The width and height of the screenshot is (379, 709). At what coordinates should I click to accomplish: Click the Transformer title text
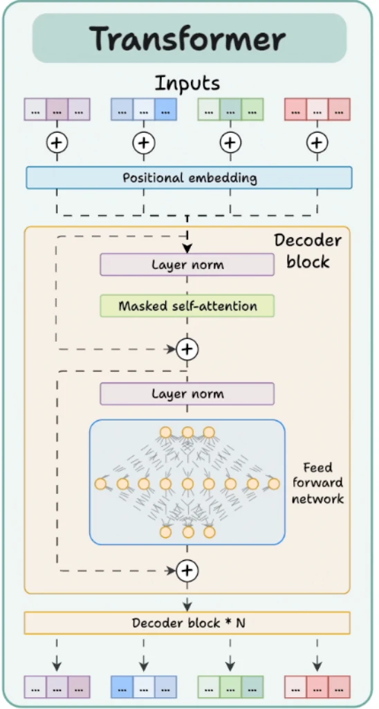pos(187,39)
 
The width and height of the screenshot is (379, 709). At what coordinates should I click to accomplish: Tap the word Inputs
pos(187,84)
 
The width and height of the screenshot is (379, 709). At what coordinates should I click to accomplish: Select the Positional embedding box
pos(189,177)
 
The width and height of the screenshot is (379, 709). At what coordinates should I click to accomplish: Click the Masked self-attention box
pos(187,306)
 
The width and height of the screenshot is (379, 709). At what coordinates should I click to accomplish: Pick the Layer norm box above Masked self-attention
pos(187,264)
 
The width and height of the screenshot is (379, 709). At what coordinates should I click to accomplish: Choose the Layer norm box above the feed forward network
pos(187,394)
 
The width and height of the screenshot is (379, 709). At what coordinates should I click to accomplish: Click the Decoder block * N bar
pos(187,623)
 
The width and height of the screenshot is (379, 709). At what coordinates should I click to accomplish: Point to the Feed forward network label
pos(317,483)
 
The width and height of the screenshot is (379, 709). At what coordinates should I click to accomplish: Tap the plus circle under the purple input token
pos(57,143)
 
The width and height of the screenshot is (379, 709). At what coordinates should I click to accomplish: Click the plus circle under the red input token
pos(317,143)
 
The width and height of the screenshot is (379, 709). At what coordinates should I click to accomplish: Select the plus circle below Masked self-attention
pos(187,349)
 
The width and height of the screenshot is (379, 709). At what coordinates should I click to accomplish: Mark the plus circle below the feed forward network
pos(187,570)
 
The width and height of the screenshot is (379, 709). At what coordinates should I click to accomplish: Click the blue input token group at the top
pos(144,109)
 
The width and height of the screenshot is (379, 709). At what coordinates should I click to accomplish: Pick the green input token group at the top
pos(231,109)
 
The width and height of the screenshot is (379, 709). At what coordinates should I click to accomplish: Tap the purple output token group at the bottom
pos(57,687)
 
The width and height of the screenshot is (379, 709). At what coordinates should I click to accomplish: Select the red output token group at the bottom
pos(317,687)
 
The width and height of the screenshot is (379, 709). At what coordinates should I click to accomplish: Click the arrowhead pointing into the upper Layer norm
pos(187,248)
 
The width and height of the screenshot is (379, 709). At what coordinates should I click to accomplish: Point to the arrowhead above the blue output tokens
pos(144,666)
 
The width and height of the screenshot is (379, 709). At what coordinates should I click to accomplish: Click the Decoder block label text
pos(308,250)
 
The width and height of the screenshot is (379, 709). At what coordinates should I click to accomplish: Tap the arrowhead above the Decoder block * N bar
pos(187,605)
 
